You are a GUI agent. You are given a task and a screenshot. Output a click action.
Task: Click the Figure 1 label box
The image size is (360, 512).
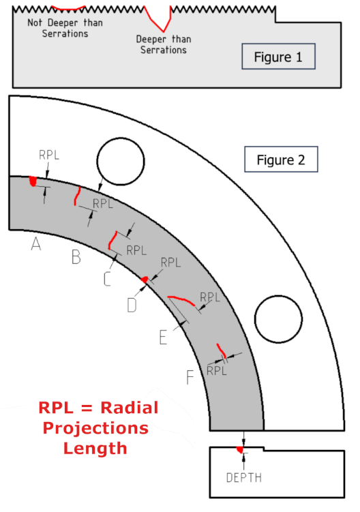278,56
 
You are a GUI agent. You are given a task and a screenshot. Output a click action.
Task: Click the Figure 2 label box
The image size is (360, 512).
281,159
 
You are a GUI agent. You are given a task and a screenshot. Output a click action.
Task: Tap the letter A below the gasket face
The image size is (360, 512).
36,244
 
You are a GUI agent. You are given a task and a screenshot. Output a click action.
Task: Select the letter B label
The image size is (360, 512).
76,256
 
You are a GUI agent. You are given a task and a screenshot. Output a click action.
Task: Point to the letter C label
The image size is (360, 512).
107,280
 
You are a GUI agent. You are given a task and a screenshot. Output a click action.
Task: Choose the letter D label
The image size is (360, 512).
132,305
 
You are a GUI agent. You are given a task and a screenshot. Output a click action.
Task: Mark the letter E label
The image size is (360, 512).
163,337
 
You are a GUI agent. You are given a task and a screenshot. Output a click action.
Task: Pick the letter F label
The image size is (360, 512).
190,377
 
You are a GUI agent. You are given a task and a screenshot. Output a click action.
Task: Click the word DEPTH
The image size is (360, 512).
244,478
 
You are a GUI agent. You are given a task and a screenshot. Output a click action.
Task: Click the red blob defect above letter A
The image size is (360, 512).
33,181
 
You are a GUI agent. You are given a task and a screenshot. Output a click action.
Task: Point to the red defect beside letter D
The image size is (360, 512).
145,280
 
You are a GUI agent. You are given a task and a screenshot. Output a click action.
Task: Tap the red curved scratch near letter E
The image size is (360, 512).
181,299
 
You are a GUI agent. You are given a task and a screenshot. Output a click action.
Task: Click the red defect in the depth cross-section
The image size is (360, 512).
241,449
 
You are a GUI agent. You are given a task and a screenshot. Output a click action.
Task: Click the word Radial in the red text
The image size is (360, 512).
130,408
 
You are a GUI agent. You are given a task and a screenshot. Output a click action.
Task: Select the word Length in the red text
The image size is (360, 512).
95,449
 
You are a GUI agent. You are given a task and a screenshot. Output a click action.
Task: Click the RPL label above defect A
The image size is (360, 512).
49,155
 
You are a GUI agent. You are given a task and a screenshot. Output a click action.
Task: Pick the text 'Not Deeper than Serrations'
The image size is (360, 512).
65,28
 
